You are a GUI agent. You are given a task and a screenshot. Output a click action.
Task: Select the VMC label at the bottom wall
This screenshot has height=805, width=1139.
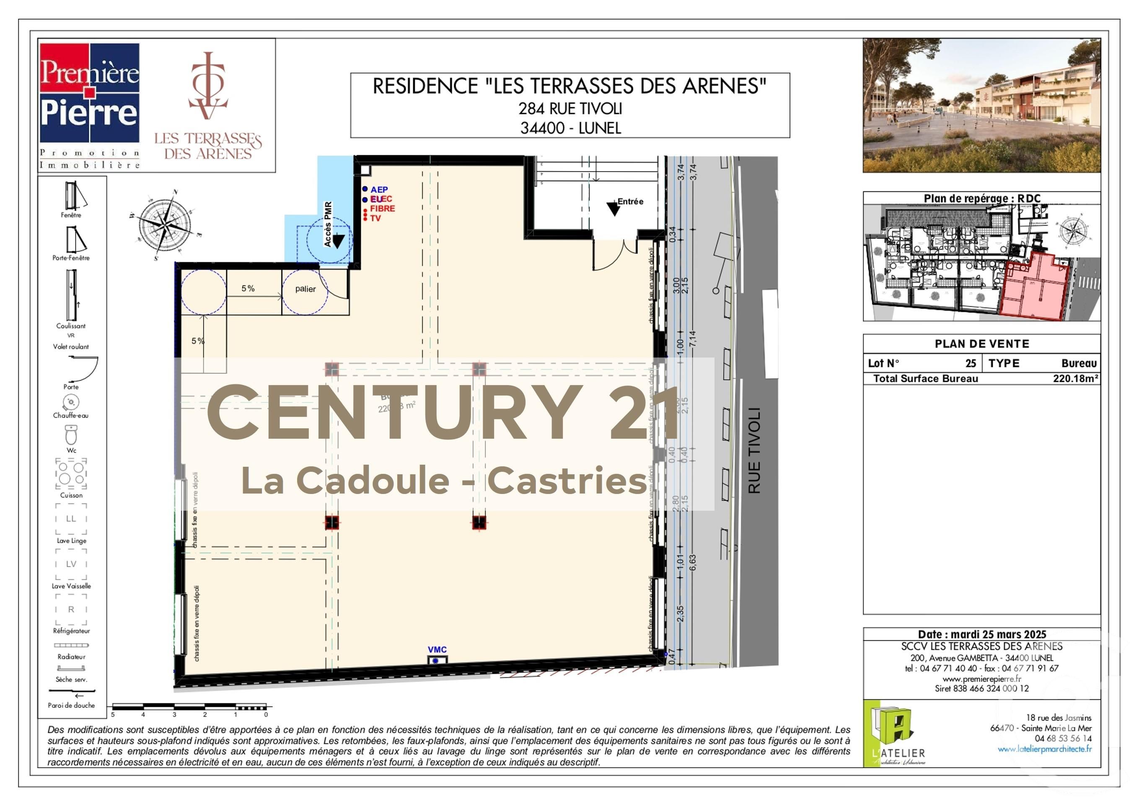point(437,649)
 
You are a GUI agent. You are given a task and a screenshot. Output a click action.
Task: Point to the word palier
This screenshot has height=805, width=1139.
point(305,289)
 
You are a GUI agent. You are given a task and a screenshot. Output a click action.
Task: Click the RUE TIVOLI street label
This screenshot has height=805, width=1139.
point(754,450)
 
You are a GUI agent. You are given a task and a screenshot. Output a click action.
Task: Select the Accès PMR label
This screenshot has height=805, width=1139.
point(328,224)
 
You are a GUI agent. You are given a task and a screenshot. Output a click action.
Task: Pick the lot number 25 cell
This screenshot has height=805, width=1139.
point(971,363)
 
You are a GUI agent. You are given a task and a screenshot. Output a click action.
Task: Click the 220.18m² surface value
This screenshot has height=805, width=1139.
point(1075,379)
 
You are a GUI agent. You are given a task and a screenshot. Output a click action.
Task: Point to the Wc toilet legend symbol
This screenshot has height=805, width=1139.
point(71,435)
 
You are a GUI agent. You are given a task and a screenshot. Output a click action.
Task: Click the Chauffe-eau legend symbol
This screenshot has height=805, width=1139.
point(71,401)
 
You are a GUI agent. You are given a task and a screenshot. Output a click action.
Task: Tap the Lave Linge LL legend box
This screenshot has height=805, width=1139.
point(71,519)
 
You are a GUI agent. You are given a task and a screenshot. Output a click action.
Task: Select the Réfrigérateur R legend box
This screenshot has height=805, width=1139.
point(71,609)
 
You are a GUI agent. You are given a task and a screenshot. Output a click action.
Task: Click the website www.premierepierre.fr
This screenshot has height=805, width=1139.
point(982,679)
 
